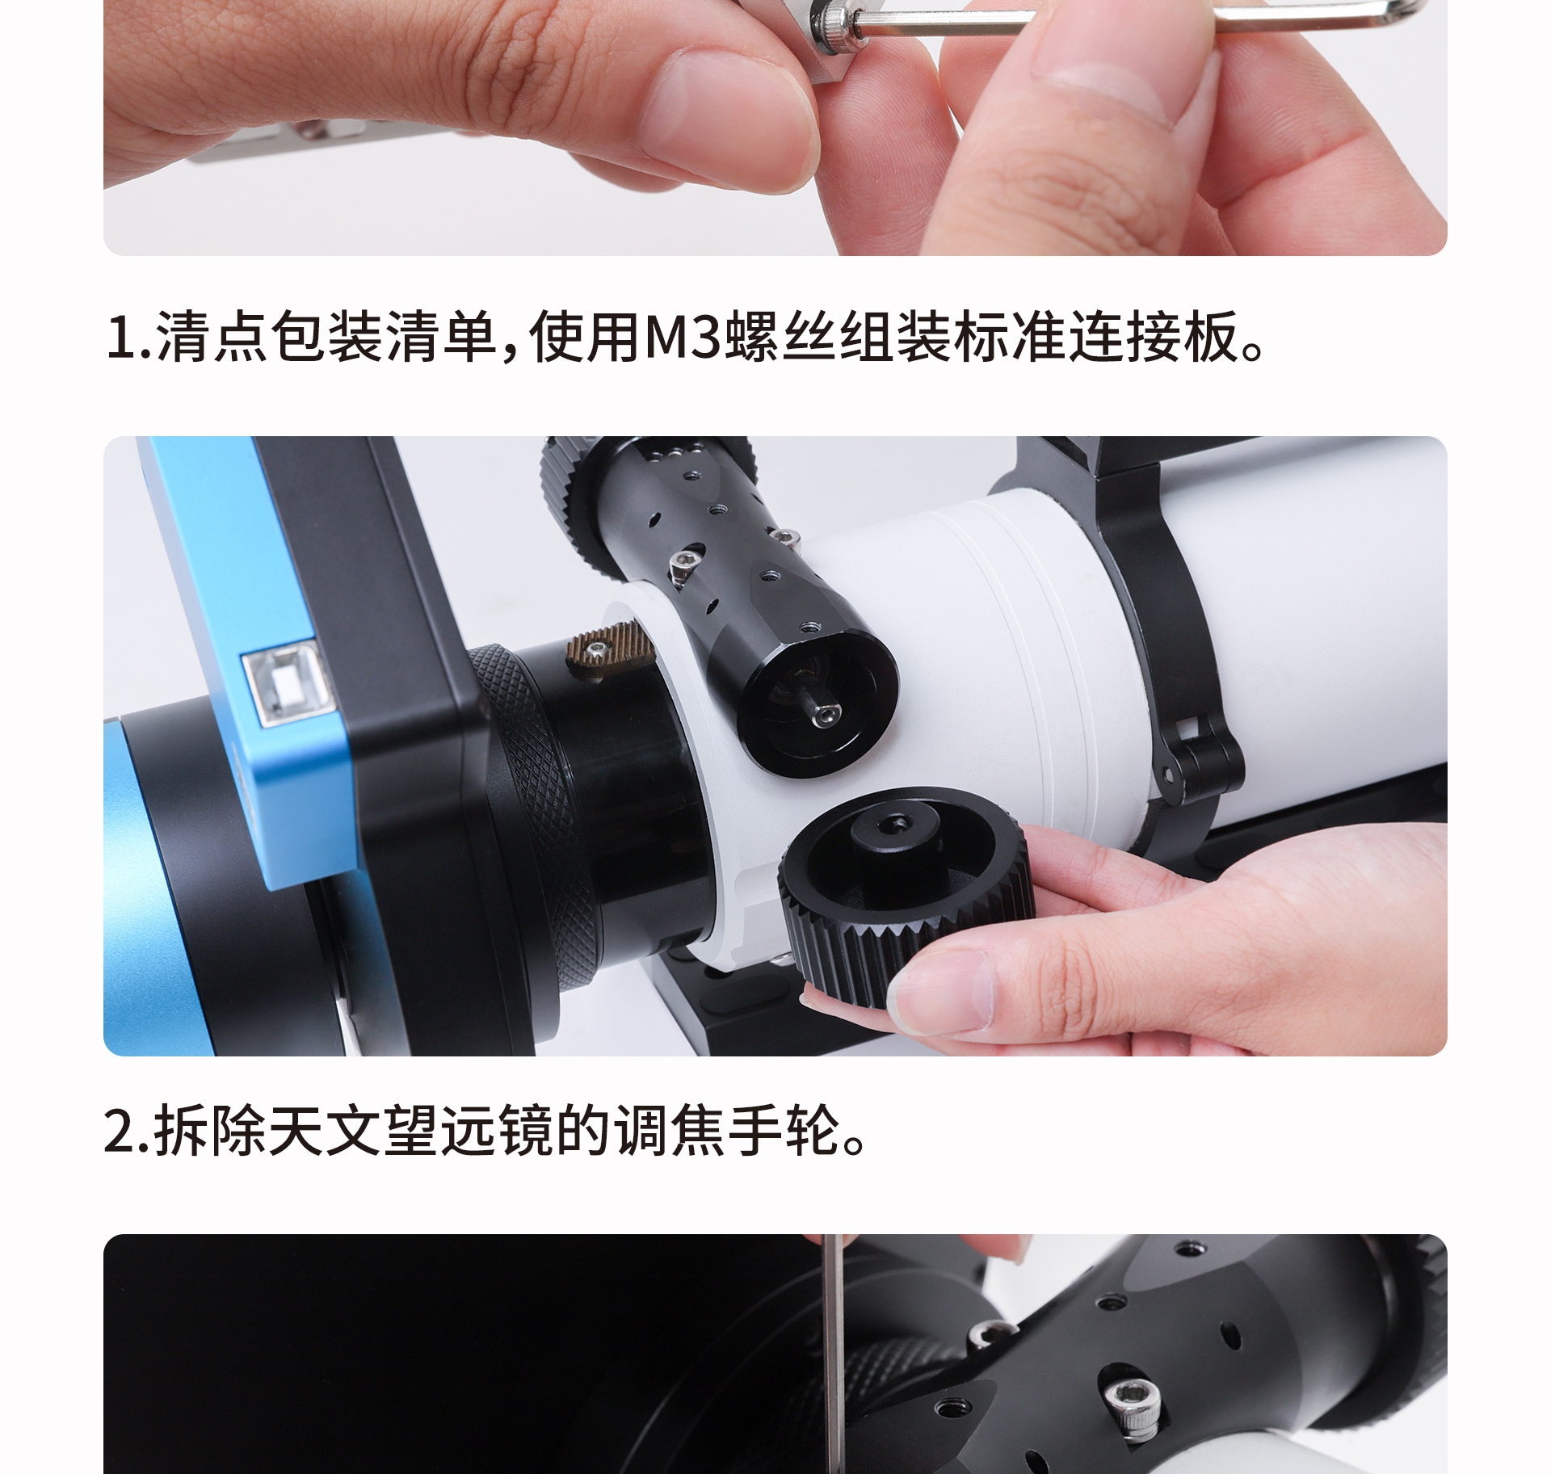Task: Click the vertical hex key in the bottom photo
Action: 837,1373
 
